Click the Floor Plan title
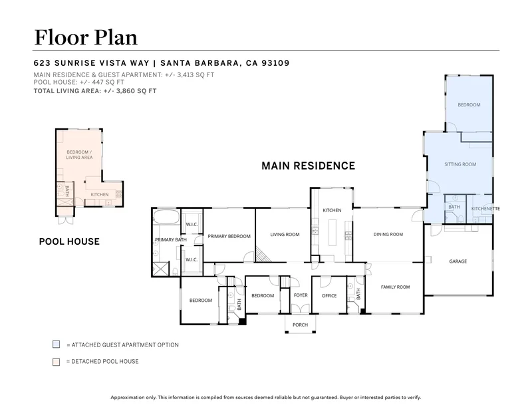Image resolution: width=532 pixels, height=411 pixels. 86,37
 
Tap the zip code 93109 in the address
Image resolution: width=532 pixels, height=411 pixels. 275,63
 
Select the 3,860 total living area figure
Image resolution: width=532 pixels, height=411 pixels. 126,91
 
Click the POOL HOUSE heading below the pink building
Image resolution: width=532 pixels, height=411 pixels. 69,241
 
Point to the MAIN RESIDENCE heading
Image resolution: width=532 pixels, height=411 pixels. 308,166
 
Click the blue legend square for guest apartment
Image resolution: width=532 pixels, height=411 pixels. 57,344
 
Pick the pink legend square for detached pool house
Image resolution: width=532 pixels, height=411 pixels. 57,362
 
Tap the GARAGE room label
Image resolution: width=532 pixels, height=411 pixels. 458,261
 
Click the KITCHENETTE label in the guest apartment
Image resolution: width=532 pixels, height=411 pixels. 485,209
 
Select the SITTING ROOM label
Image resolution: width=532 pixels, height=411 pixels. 460,164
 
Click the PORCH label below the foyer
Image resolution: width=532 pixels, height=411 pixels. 301,325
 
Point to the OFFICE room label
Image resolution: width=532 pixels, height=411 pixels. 329,296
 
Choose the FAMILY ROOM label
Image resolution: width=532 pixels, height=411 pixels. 395,287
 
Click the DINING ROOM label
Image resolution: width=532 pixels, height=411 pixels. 388,234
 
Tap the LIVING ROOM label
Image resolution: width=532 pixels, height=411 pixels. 285,234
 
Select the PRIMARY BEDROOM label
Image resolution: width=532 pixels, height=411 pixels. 229,236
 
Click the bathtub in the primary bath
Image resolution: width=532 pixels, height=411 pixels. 166,217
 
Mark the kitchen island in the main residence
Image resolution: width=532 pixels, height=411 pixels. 332,232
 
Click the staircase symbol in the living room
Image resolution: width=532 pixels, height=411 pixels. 262,254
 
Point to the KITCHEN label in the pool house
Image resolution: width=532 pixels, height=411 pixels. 99,194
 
